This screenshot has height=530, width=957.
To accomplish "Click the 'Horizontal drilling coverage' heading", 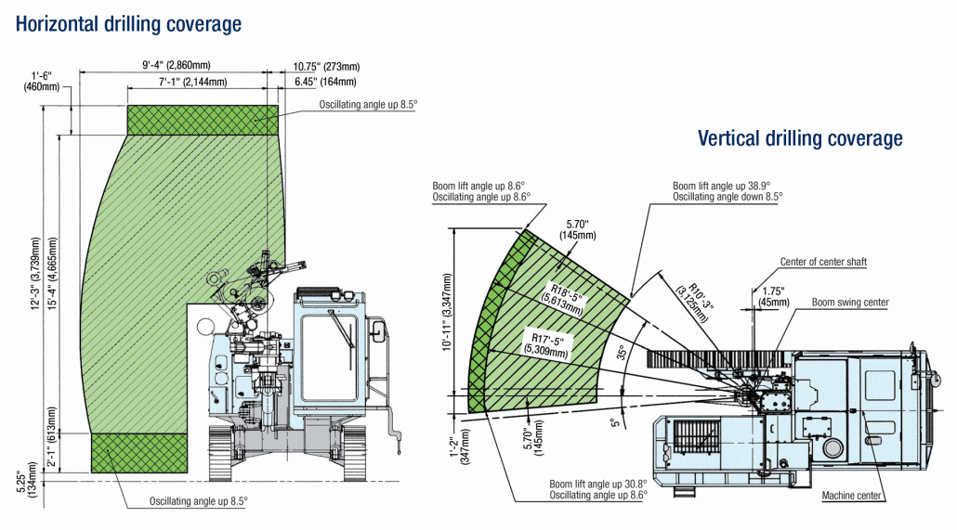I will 128,23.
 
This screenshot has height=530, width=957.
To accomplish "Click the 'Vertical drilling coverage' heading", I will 800,138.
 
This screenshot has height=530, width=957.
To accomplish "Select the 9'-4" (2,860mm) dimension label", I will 177,65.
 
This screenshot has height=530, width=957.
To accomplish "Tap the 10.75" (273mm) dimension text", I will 326,66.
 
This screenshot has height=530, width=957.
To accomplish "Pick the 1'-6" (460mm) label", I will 44,81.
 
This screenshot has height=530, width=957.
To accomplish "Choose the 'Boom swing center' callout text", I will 849,303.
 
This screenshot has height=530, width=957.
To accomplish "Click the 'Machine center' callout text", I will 851,496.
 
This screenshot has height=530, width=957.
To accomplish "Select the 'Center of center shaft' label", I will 823,262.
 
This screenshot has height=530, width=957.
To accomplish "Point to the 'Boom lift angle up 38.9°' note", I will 722,186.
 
